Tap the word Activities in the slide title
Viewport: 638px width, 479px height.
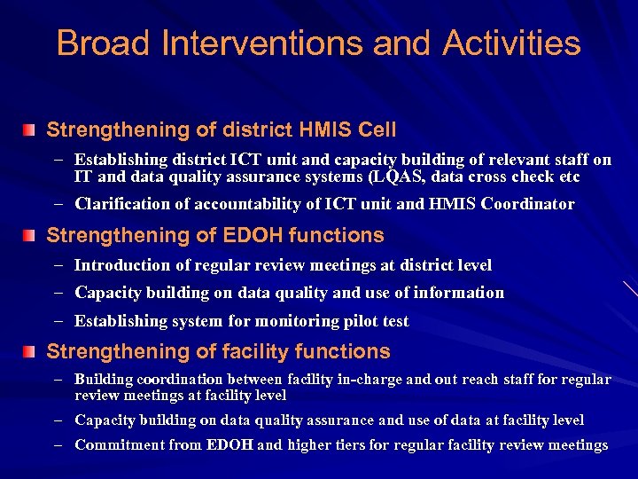(x=511, y=43)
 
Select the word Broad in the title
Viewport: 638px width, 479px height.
(x=99, y=43)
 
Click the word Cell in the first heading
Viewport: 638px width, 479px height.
(x=376, y=130)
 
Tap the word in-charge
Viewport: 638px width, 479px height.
(x=373, y=380)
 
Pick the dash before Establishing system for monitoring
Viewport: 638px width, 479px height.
(x=58, y=321)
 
